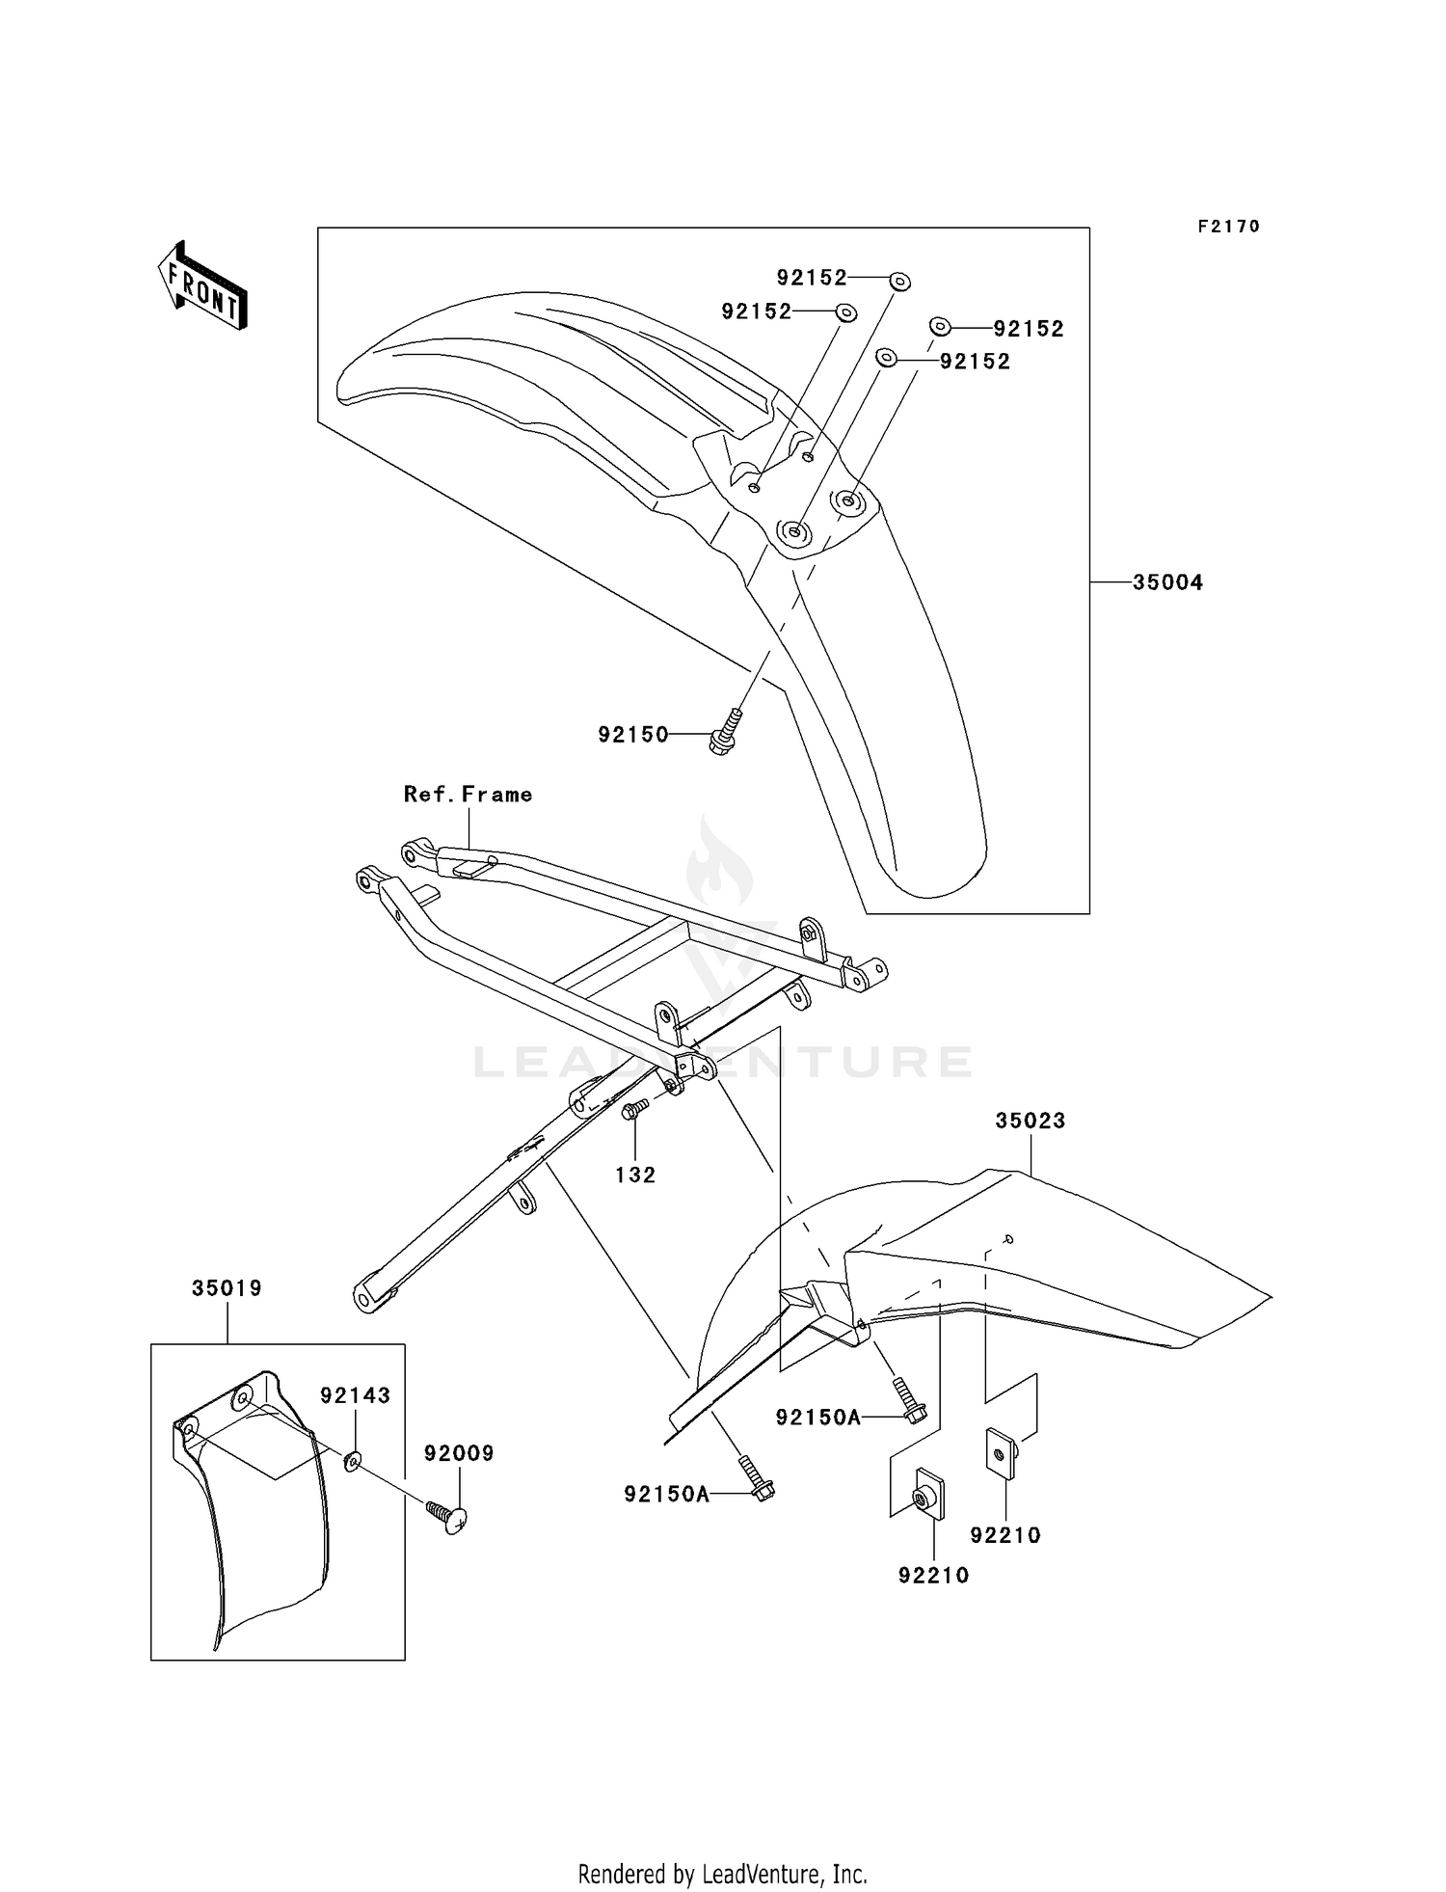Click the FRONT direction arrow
point(203,285)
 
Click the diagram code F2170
point(1228,227)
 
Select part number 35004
point(1167,582)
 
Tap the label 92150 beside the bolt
point(633,735)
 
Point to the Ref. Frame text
point(468,795)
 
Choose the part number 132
point(635,1175)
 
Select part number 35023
point(1031,1121)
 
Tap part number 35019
point(227,1288)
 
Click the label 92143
point(356,1395)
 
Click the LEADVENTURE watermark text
point(723,1062)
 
